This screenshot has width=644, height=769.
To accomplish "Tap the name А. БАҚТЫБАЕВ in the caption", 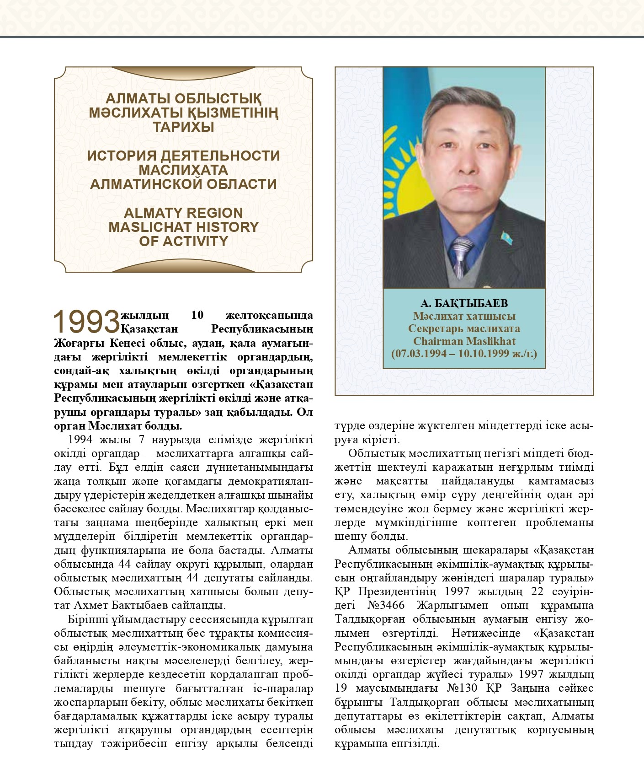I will (x=464, y=304).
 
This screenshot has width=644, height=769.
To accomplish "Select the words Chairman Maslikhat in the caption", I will (x=464, y=341).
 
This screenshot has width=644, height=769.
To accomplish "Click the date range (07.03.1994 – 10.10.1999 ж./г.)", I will (x=464, y=354).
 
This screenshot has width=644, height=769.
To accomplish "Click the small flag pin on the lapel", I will (x=507, y=237).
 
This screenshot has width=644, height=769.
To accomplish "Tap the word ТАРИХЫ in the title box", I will (x=183, y=127).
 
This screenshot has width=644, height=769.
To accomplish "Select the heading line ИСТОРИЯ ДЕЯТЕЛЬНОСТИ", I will (x=183, y=156).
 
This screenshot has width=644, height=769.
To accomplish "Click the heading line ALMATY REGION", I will (x=183, y=213).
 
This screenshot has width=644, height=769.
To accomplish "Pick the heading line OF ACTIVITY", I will (x=183, y=241).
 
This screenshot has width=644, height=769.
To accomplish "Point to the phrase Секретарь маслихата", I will (x=464, y=329).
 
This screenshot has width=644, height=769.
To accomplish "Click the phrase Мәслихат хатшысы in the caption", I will (x=464, y=316).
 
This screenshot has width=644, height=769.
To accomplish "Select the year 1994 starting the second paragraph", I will (x=81, y=440).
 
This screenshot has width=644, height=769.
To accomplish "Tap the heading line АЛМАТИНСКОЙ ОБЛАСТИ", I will (x=183, y=184).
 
